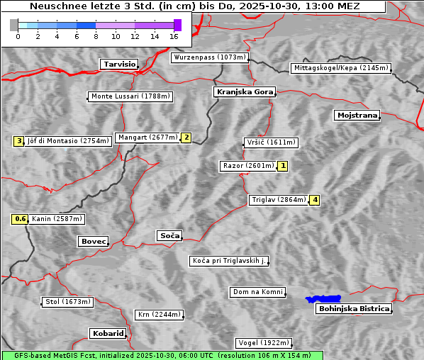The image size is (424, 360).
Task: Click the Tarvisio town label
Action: [x=118, y=64]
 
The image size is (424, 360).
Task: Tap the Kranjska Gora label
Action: [x=243, y=92]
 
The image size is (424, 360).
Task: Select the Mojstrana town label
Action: [x=357, y=115]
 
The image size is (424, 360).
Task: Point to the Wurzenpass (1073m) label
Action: [x=210, y=57]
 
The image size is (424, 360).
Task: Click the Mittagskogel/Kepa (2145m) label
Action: [x=340, y=68]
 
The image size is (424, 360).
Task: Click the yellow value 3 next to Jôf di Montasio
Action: [x=19, y=141]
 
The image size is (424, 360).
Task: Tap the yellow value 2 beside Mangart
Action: [x=186, y=137]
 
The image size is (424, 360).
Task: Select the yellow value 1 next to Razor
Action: [x=283, y=166]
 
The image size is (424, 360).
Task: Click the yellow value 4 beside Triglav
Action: [x=315, y=200]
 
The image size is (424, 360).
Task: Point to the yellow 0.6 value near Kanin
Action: [x=21, y=219]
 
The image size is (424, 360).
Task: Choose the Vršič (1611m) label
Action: [x=270, y=142]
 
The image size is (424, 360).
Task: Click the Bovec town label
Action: [x=93, y=242]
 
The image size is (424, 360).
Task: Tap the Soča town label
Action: [x=169, y=235]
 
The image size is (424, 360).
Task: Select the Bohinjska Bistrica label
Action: [x=354, y=308]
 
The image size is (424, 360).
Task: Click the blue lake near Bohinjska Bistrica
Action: [x=323, y=299]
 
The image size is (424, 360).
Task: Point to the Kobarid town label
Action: [x=108, y=333]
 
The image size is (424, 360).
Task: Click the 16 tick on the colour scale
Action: [x=174, y=36]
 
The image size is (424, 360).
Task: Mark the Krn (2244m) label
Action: [x=159, y=315]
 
